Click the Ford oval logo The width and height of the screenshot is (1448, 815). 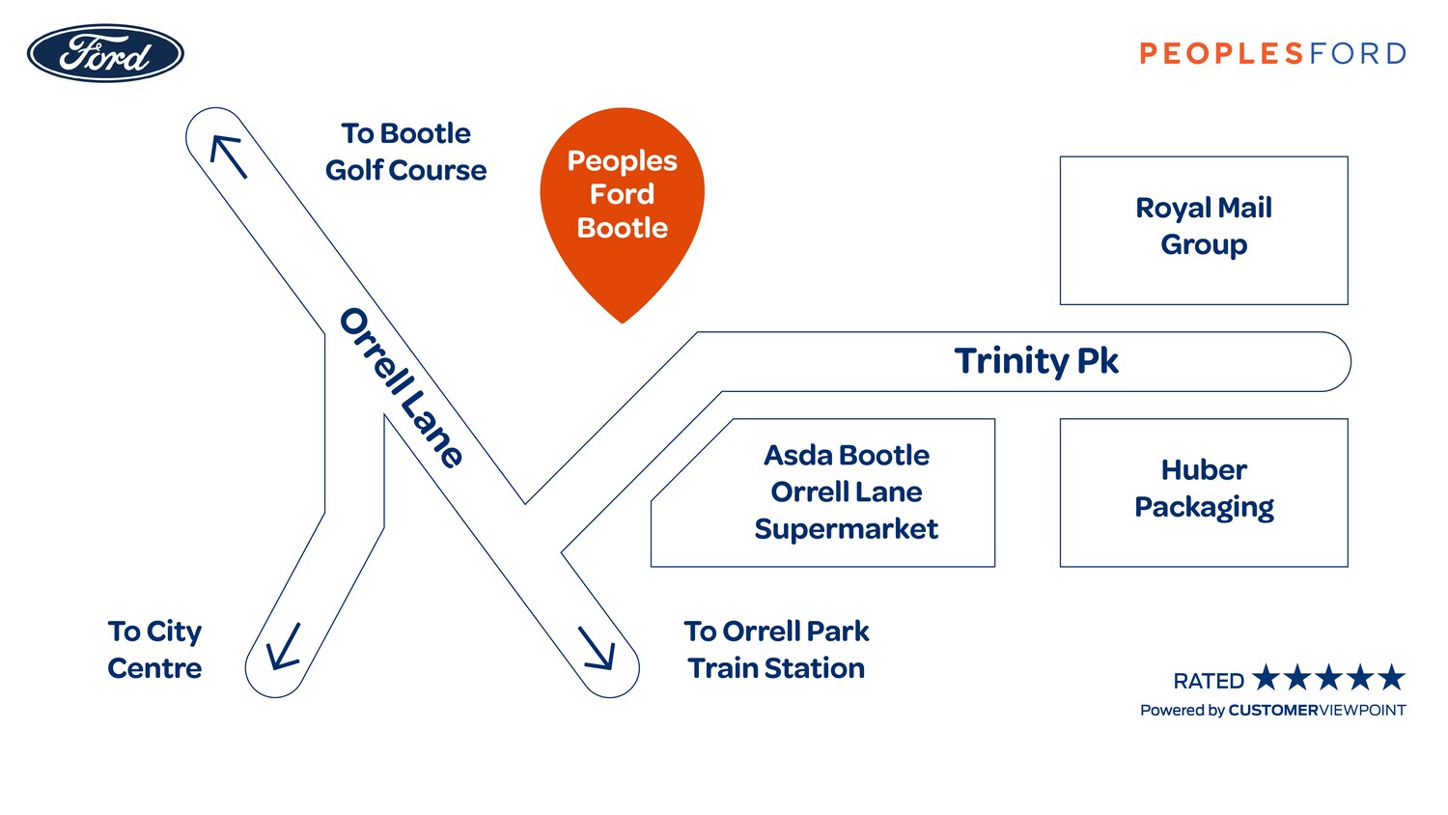tap(105, 53)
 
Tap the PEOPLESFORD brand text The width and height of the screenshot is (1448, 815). tap(1272, 53)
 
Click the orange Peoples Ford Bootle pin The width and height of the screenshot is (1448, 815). tap(622, 203)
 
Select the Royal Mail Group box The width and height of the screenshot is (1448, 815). tap(1204, 230)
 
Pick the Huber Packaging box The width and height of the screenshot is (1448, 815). tap(1204, 492)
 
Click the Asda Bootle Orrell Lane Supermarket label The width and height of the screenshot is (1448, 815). tap(846, 492)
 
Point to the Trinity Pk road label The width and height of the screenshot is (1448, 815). tap(1036, 361)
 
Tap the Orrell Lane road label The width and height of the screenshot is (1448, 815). tap(402, 387)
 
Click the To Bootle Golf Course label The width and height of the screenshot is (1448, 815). tap(405, 152)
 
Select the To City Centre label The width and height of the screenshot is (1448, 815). tap(154, 650)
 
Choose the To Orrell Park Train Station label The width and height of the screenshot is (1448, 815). tap(776, 650)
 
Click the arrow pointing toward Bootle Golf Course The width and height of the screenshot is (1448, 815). tap(229, 155)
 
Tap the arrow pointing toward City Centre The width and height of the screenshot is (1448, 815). tap(284, 647)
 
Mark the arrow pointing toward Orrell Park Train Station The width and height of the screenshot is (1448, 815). tap(598, 648)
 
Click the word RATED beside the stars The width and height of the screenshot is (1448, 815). tap(1209, 682)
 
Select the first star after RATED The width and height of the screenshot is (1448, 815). tap(1267, 678)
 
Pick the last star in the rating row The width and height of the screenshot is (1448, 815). tap(1391, 678)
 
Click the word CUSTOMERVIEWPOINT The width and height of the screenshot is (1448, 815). tap(1317, 711)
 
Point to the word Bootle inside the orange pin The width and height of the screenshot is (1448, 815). tap(622, 228)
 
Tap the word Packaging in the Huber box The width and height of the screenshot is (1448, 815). tap(1204, 508)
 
